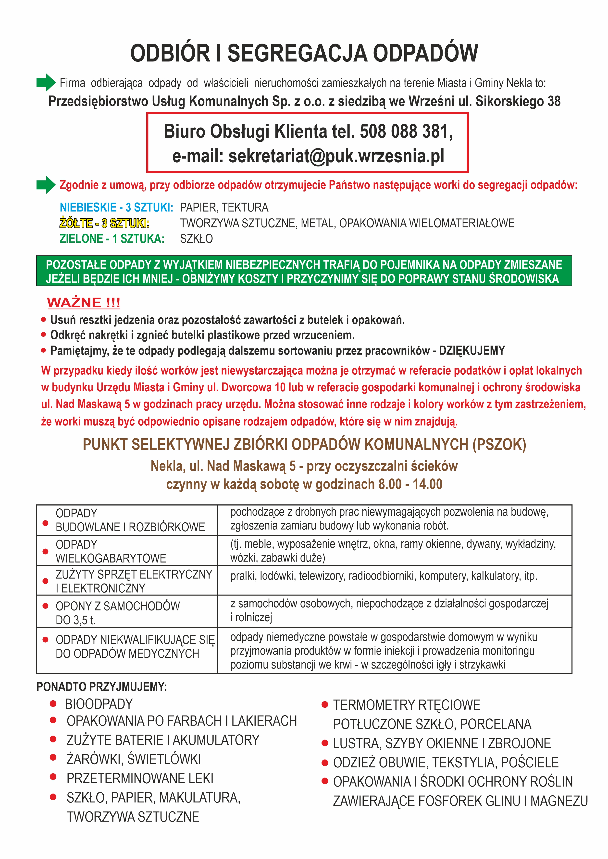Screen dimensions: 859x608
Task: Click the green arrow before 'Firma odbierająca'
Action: (x=46, y=82)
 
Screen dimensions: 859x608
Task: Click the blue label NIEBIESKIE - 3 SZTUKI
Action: (x=116, y=207)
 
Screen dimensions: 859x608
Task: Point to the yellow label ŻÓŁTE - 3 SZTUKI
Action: (x=104, y=223)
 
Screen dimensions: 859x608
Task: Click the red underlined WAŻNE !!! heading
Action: (x=84, y=302)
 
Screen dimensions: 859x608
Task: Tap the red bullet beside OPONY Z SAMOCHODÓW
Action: (x=46, y=606)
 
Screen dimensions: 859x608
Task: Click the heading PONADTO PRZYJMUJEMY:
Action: (x=101, y=687)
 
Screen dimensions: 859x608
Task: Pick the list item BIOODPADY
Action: (x=99, y=704)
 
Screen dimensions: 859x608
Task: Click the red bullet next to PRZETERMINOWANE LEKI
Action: (x=53, y=777)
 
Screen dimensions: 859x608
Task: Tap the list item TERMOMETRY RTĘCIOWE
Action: (x=407, y=705)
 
